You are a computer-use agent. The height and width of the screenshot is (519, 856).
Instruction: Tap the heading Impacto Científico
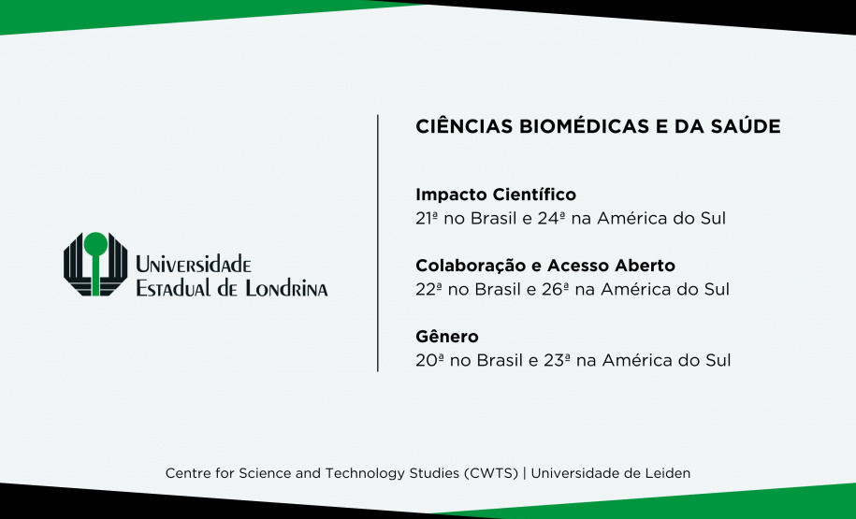(x=495, y=195)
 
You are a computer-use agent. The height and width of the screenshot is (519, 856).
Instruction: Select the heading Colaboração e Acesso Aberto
(x=544, y=266)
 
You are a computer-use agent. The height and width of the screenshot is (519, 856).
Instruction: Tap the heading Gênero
(x=446, y=336)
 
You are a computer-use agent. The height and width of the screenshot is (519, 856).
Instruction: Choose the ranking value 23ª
(x=554, y=360)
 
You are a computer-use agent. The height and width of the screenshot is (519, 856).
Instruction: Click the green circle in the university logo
(x=94, y=245)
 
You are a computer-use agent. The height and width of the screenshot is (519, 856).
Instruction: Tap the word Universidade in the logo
(x=194, y=265)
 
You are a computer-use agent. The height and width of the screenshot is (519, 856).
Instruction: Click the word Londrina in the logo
(x=285, y=288)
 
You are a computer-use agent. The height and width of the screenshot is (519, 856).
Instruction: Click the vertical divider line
(x=378, y=243)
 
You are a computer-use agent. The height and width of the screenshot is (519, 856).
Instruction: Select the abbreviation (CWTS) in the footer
(x=491, y=473)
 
